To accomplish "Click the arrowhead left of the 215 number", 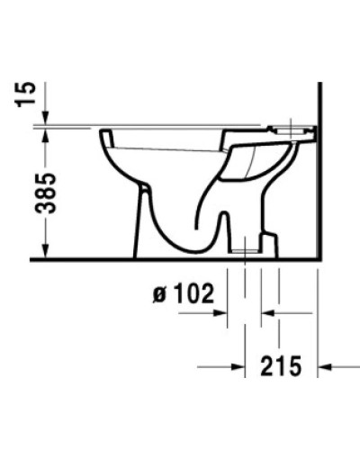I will [x=238, y=366].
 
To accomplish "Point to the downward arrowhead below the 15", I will [x=44, y=118].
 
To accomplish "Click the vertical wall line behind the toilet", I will [x=321, y=180].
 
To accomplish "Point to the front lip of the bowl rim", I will [x=103, y=135].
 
